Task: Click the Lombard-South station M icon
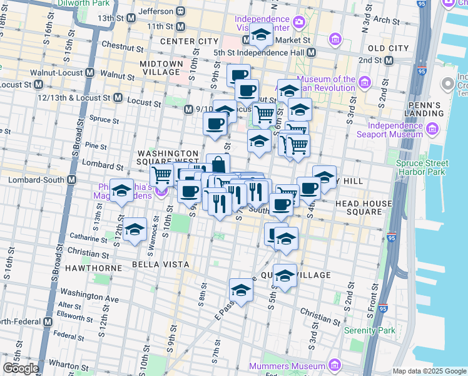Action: (71, 180)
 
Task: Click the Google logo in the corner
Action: (20, 368)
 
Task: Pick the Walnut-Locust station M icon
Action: (90, 73)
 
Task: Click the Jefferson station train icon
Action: (180, 11)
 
